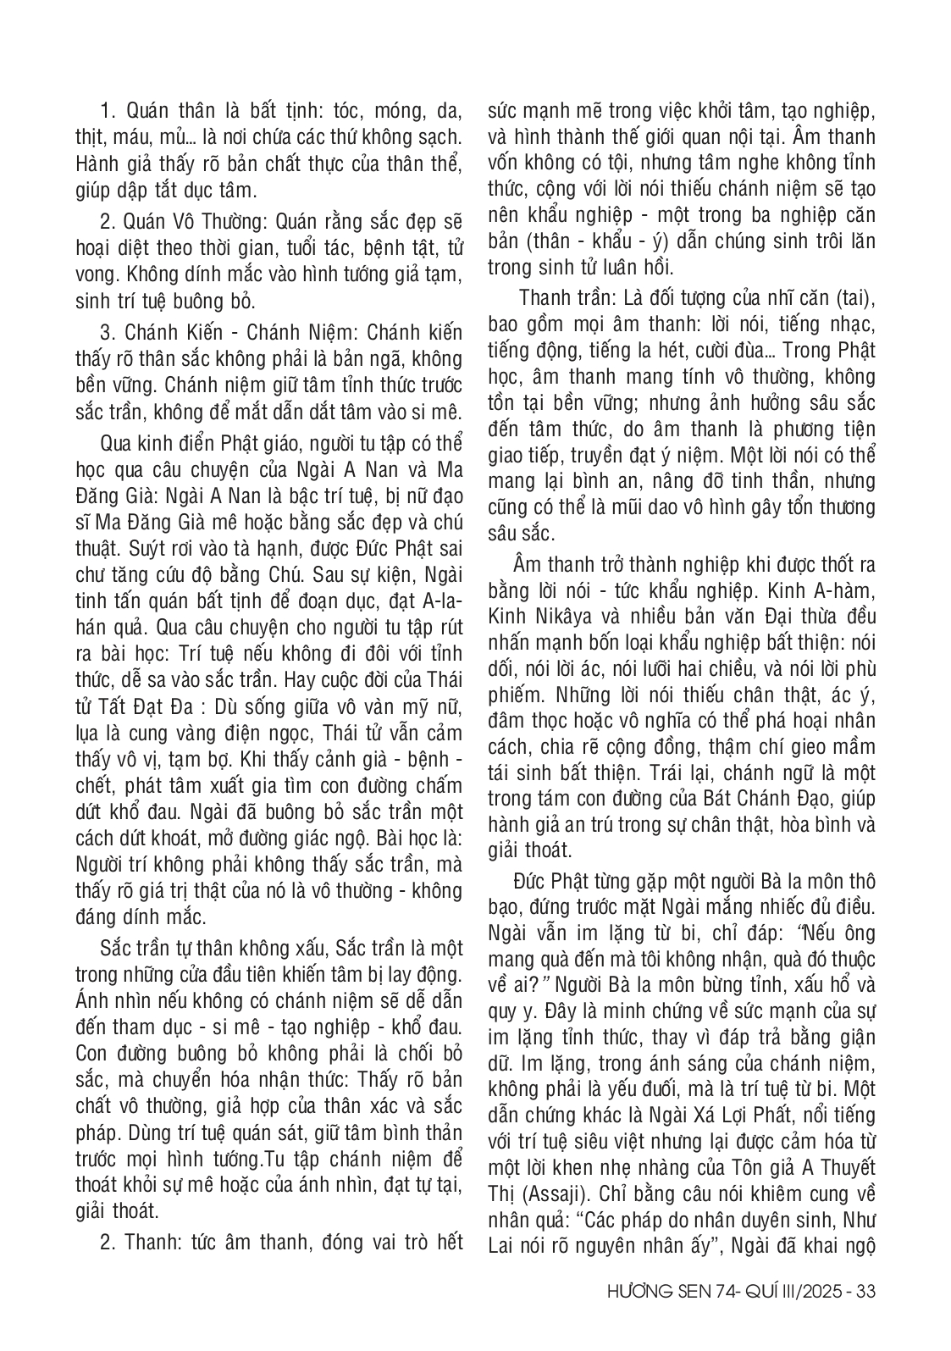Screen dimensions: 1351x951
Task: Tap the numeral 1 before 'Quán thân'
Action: coord(106,110)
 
